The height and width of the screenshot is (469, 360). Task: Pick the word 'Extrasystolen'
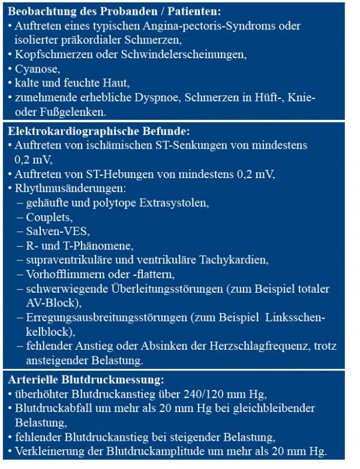(x=173, y=203)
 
